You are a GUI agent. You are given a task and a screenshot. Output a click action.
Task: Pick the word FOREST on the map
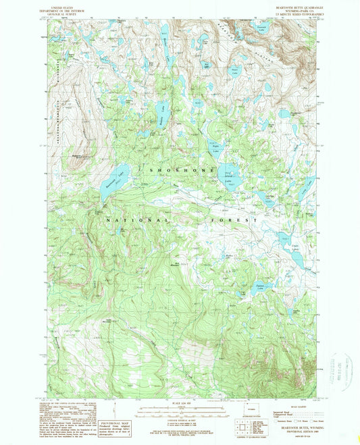click(x=242, y=220)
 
